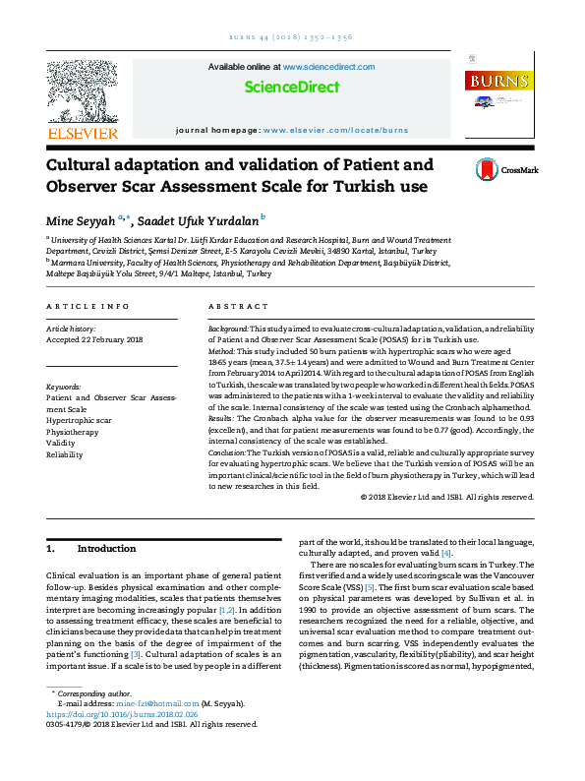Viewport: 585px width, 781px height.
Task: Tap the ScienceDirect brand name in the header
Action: (292, 88)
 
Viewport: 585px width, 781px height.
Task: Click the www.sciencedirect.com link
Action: (328, 67)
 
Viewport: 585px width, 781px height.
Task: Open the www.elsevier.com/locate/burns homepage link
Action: (335, 130)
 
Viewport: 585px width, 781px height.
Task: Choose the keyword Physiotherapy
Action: (73, 431)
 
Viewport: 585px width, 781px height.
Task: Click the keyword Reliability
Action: (65, 454)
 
